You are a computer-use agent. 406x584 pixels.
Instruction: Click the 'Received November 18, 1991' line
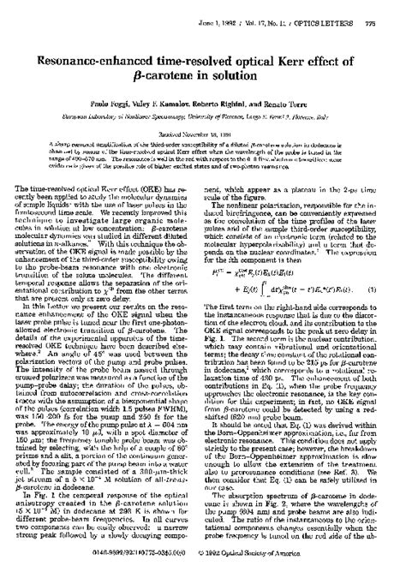(x=202, y=134)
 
